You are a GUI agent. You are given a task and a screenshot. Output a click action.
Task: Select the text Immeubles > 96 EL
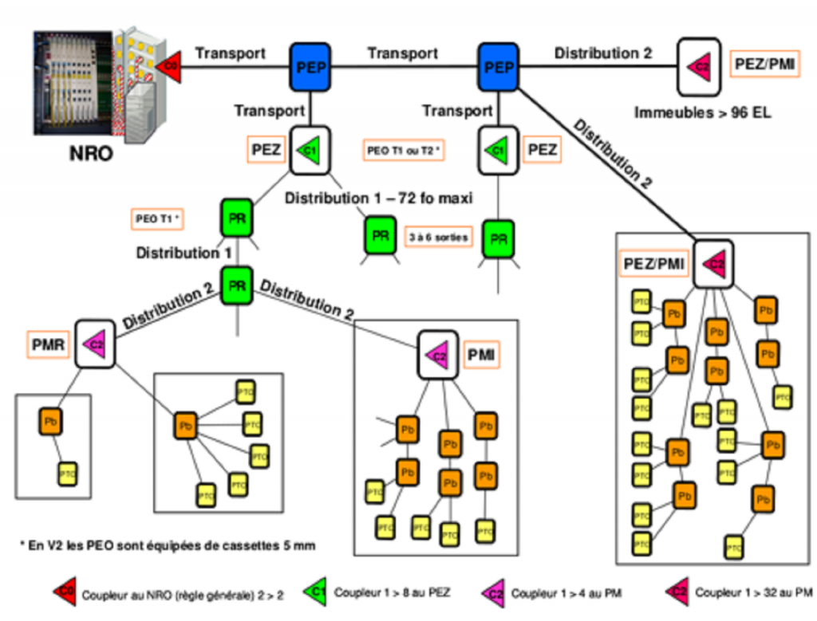pos(703,112)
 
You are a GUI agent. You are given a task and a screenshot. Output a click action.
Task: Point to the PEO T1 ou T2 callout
pos(404,150)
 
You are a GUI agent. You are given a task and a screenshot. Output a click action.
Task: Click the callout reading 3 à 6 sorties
pos(438,237)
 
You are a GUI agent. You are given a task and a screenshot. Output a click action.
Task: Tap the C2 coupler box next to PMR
pos(97,344)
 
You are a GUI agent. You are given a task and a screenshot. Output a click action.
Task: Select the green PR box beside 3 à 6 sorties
pos(381,235)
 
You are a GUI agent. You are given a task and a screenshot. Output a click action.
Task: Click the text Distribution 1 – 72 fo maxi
pos(378,197)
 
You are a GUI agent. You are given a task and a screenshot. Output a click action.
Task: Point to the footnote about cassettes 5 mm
pos(168,545)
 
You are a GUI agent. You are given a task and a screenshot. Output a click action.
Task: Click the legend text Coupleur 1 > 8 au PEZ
pos(392,592)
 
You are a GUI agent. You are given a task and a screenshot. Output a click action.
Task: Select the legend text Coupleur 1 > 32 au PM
pos(753,592)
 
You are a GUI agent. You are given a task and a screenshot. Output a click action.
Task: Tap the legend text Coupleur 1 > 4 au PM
pos(566,593)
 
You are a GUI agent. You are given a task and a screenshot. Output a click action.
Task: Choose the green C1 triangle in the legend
pos(316,592)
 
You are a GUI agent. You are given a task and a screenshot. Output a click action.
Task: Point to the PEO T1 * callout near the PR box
pos(157,218)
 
